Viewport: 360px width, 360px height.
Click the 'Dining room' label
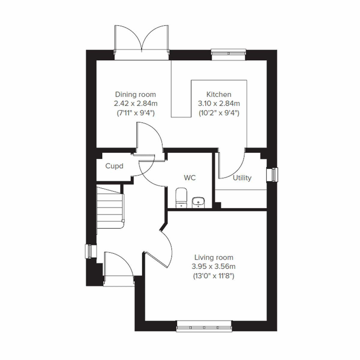click(136, 94)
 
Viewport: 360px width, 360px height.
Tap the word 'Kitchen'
click(219, 94)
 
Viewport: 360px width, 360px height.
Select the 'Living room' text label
click(214, 257)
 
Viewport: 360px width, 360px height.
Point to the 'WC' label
click(190, 178)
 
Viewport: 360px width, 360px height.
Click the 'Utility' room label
click(242, 178)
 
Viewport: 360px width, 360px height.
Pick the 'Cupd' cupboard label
click(114, 166)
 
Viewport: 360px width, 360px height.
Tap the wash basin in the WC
click(198, 202)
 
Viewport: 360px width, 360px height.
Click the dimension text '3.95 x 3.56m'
click(214, 266)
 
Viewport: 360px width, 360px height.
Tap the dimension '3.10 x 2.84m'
click(219, 104)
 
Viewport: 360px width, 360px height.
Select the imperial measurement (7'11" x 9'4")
click(136, 113)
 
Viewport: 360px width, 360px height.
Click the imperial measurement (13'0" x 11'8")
click(214, 276)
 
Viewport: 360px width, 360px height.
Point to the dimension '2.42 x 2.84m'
click(136, 104)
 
